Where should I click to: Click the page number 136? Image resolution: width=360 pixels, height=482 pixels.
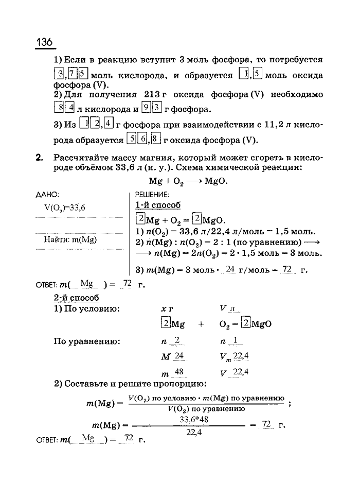point(45,41)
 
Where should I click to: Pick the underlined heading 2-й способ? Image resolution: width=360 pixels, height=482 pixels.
point(76,298)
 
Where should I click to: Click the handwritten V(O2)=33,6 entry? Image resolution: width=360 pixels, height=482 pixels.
point(64,208)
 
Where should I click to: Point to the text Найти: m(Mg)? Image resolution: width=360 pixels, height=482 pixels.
point(70,239)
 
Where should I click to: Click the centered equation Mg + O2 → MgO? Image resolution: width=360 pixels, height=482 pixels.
point(188,181)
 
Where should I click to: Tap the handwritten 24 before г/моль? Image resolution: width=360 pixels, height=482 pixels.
point(230,269)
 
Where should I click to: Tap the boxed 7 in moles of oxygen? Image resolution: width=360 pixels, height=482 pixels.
point(74,75)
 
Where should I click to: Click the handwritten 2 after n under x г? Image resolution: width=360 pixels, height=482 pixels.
point(177,340)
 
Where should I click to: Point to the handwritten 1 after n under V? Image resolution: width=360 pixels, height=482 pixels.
point(235,340)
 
